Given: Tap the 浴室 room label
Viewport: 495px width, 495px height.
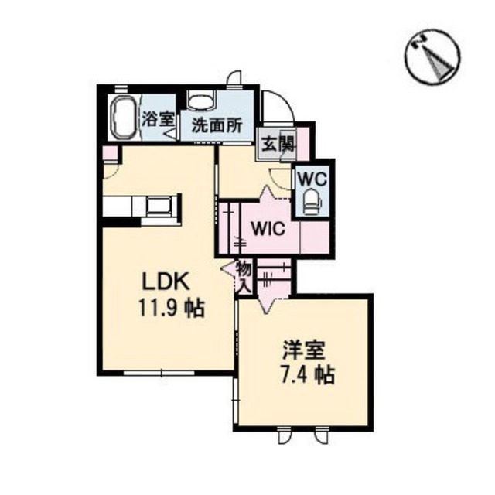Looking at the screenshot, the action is pyautogui.click(x=158, y=119).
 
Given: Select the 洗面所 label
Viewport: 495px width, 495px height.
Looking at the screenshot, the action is pyautogui.click(x=217, y=125).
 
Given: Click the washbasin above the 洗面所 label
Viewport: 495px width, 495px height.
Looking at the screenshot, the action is pyautogui.click(x=201, y=101).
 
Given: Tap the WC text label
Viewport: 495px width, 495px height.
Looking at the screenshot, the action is pyautogui.click(x=312, y=179).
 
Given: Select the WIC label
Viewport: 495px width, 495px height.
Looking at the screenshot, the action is pyautogui.click(x=268, y=228).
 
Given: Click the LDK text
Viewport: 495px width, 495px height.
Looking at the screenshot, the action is pyautogui.click(x=166, y=281).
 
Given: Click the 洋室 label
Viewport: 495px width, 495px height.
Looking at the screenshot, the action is pyautogui.click(x=303, y=350).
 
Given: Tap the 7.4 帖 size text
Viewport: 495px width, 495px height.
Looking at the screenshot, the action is pyautogui.click(x=308, y=374).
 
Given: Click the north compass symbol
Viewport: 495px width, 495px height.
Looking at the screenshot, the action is pyautogui.click(x=432, y=56).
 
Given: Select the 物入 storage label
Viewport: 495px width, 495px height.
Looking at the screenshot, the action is pyautogui.click(x=244, y=277).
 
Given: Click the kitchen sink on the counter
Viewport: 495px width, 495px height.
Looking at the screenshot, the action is pyautogui.click(x=159, y=206).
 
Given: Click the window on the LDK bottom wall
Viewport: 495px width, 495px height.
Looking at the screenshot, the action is pyautogui.click(x=159, y=373).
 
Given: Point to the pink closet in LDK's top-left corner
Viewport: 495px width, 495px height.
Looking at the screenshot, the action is pyautogui.click(x=111, y=154).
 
